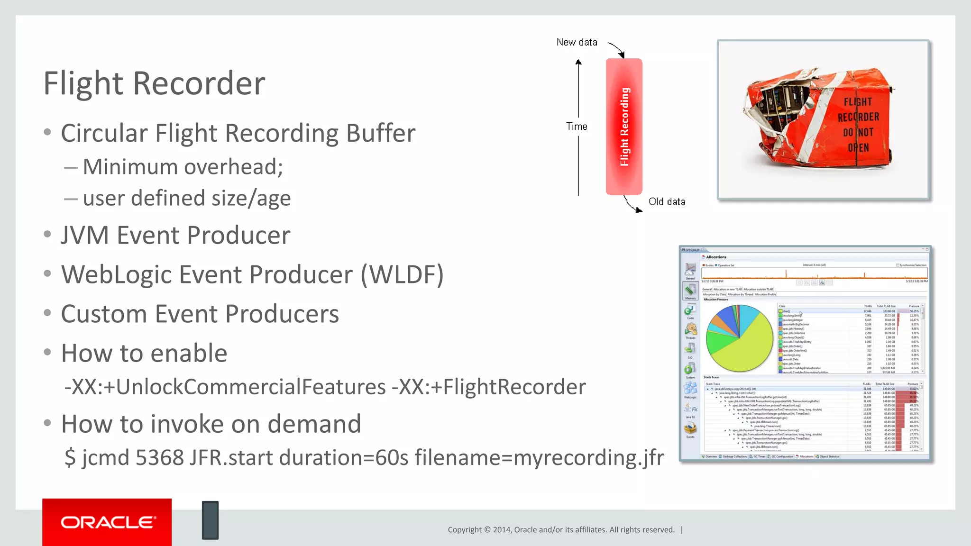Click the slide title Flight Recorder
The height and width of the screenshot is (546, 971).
154,83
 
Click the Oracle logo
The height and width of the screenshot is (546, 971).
107,522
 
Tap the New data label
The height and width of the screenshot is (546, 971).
577,42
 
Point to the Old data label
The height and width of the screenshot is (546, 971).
667,202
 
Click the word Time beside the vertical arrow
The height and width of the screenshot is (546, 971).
577,127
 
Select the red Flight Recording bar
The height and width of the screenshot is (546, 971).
624,127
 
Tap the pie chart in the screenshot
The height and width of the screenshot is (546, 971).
739,338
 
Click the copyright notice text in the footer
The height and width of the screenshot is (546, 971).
561,530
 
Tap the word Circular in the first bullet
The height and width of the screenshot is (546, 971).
104,133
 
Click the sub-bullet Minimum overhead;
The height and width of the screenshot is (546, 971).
183,167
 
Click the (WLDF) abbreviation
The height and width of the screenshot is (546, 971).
402,275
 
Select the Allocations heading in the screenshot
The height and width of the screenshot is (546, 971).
716,257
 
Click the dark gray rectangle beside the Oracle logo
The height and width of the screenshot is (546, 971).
210,520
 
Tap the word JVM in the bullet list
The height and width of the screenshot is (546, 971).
85,236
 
